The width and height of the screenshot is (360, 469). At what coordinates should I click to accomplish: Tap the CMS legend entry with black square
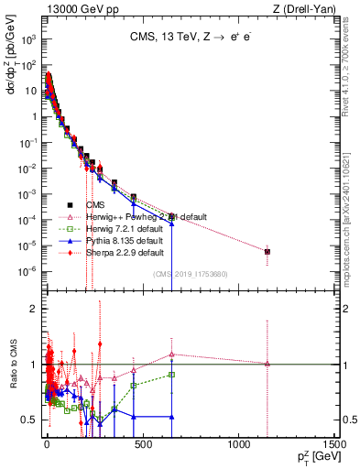tap(95, 204)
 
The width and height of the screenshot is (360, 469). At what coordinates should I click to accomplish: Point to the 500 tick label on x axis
tap(139, 446)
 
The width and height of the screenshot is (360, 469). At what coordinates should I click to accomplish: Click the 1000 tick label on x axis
tap(237, 446)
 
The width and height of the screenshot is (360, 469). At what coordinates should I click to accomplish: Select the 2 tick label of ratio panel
tap(32, 309)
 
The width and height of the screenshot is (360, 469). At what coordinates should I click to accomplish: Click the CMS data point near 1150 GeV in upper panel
tap(267, 251)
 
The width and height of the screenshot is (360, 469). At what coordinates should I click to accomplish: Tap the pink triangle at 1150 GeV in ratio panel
tap(267, 364)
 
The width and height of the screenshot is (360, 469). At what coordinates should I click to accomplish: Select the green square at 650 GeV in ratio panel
tap(171, 374)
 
